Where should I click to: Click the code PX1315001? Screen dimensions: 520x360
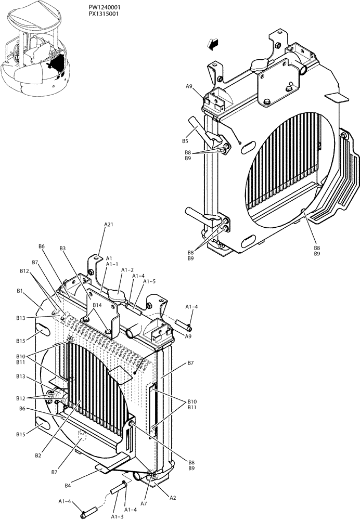(x=104, y=14)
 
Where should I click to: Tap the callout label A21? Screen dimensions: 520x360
(x=109, y=224)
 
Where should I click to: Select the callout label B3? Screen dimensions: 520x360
(x=62, y=249)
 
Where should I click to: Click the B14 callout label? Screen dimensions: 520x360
(x=97, y=305)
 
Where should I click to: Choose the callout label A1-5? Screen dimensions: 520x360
(x=149, y=281)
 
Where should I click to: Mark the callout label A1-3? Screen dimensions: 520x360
(x=118, y=516)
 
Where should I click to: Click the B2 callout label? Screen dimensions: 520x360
(x=38, y=456)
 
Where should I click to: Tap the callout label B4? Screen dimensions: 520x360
(x=68, y=486)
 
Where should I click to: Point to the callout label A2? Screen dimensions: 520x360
(x=173, y=498)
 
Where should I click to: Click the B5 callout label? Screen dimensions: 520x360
(x=185, y=141)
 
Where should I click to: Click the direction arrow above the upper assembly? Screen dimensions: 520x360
(x=213, y=45)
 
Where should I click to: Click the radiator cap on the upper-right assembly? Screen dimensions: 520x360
(x=258, y=66)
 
